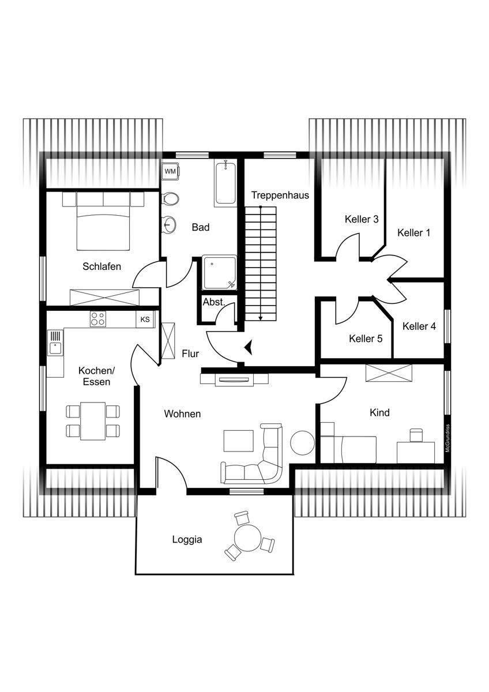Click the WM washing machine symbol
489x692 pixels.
coord(170,172)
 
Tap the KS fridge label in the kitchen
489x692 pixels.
coord(145,319)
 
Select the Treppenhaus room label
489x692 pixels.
coord(280,195)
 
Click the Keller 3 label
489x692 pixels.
coord(362,219)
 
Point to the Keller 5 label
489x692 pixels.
coord(366,339)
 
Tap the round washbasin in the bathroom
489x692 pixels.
coord(170,224)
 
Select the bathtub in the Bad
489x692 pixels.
coord(225,183)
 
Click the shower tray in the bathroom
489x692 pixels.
coord(219,272)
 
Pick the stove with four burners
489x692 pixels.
coord(97,319)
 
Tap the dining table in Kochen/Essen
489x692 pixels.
coord(93,420)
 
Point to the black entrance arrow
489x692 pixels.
coord(250,347)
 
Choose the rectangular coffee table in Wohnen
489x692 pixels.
coord(239,441)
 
